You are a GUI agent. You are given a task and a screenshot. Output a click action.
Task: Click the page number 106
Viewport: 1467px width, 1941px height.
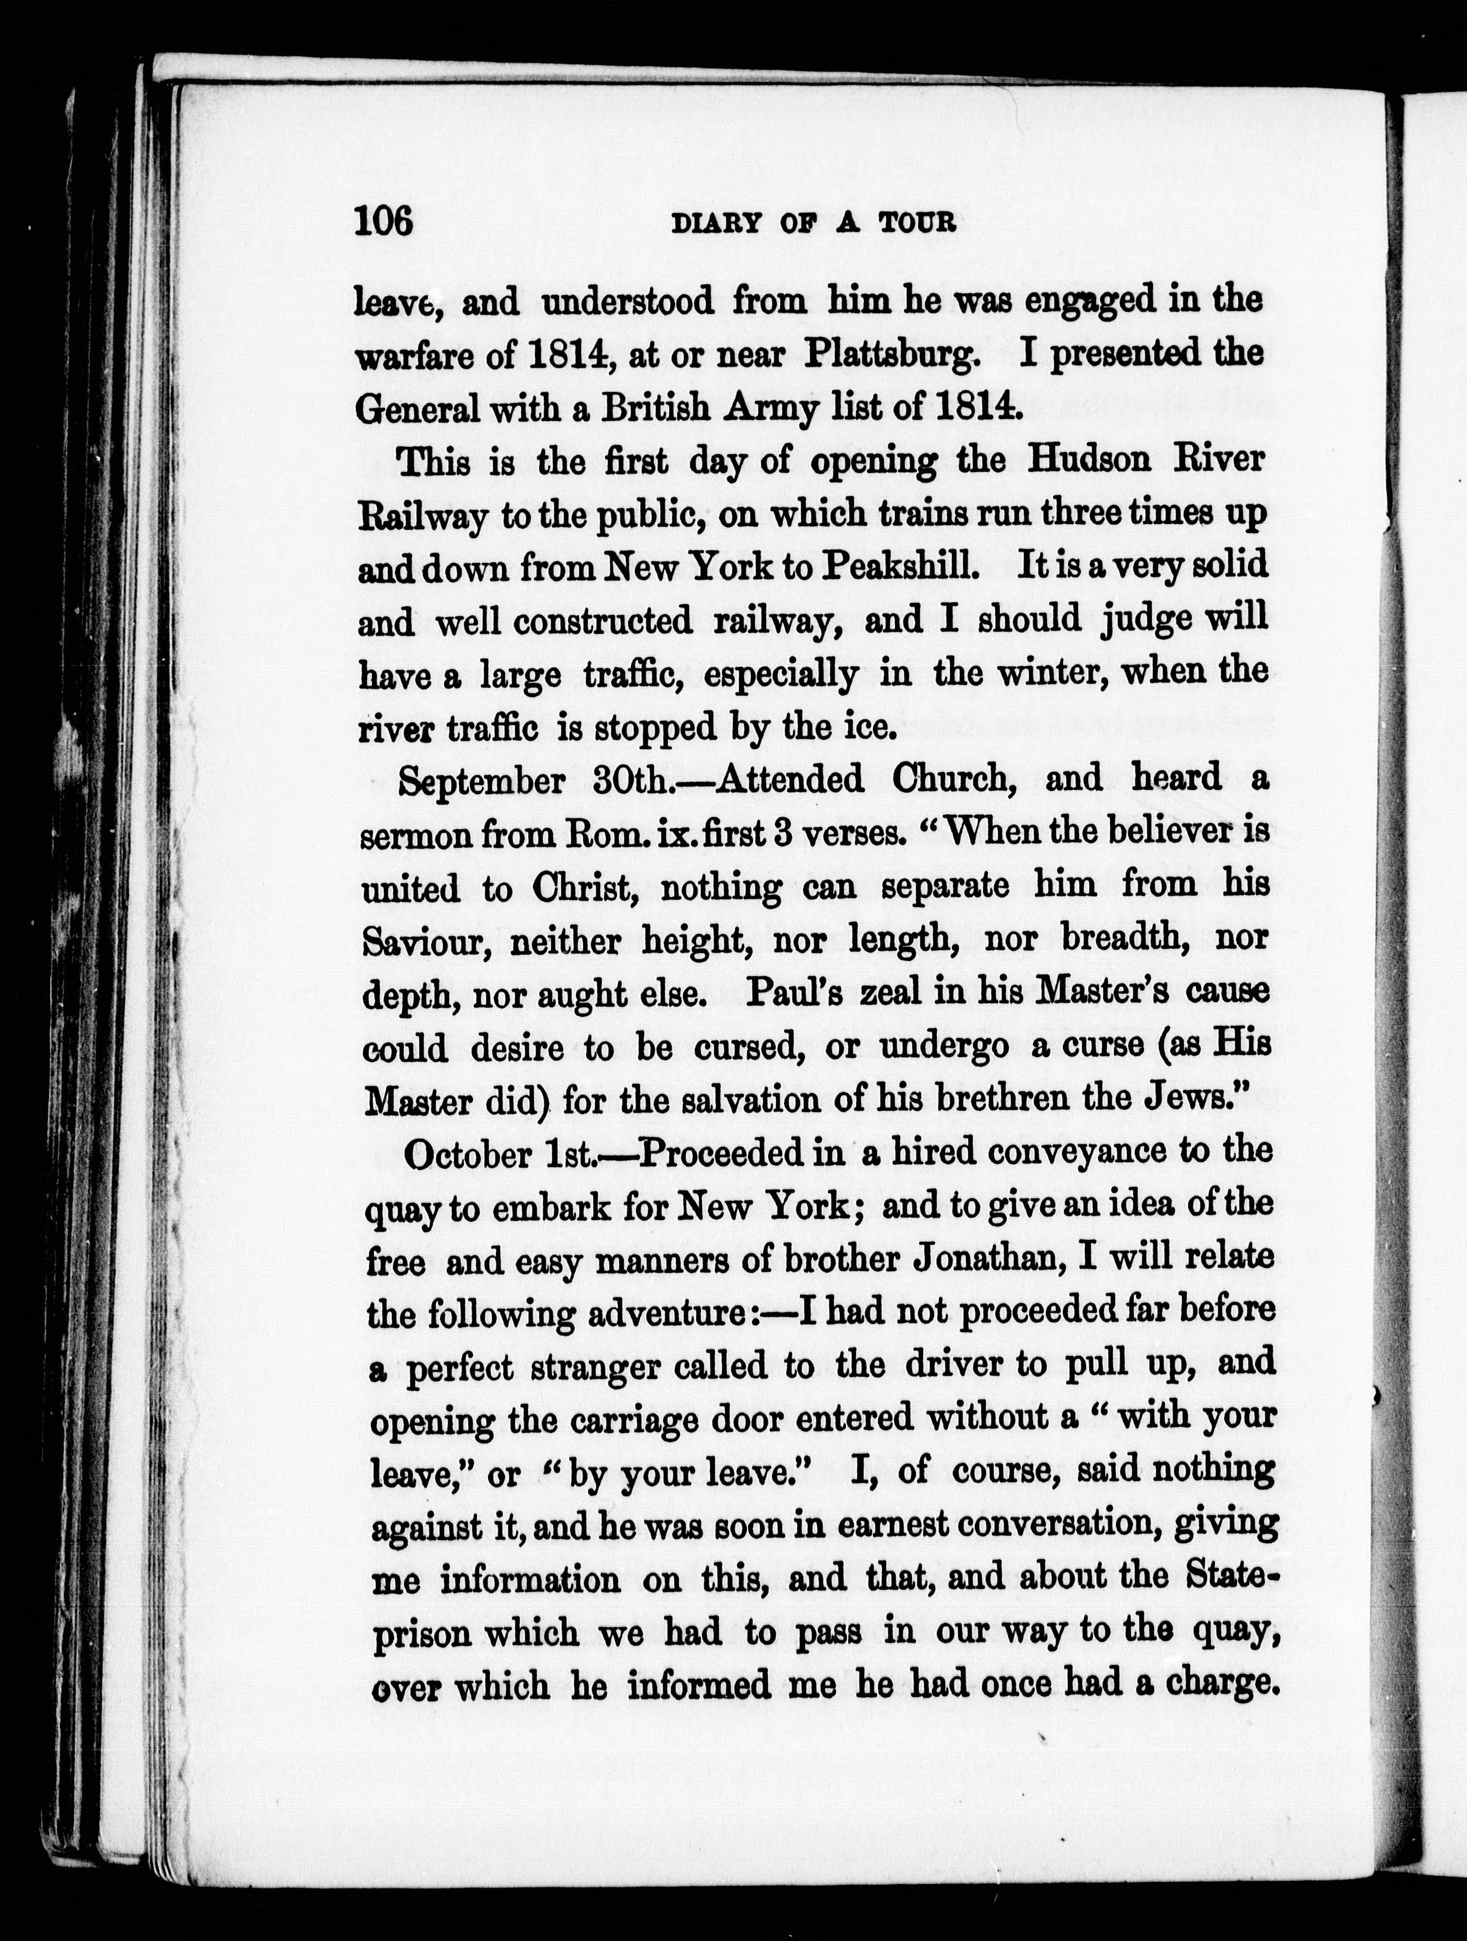[x=383, y=221]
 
